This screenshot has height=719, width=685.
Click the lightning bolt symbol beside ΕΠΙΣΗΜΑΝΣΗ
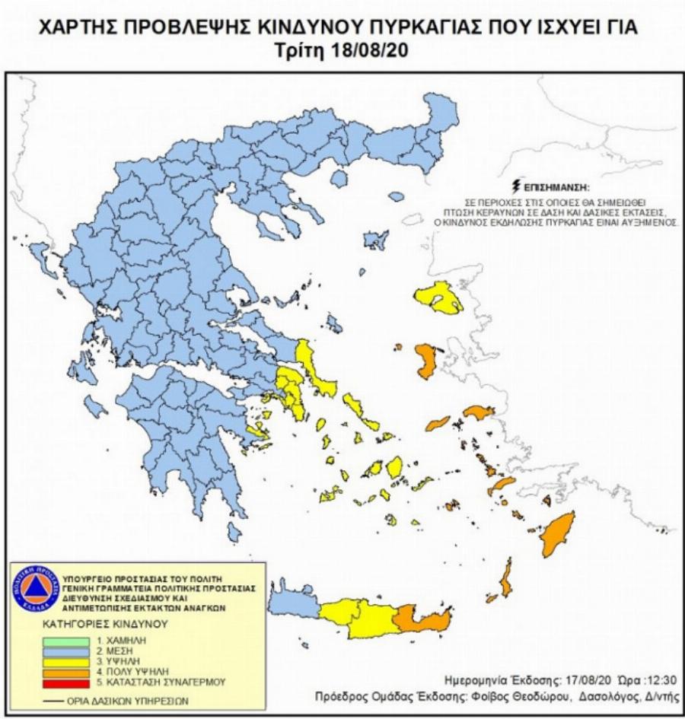click(x=518, y=186)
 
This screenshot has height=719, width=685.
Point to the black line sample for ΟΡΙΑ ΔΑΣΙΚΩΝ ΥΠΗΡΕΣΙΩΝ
click(x=60, y=700)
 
